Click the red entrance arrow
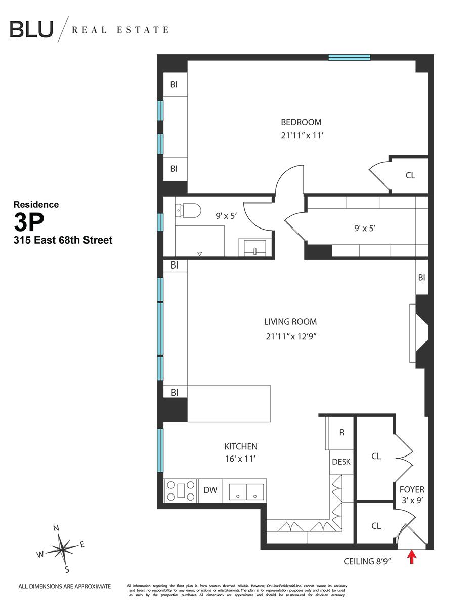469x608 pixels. coord(412,557)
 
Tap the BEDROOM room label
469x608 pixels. coord(301,122)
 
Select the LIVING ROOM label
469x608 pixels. coord(290,321)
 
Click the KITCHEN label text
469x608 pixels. coord(241,446)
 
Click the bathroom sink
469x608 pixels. coord(255,249)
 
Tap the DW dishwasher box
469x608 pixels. coord(210,490)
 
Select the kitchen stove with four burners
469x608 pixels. coord(181,490)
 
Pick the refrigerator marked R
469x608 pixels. coord(342,433)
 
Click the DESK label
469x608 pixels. coord(341,462)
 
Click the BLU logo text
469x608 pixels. coord(31,29)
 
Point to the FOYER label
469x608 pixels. coord(412,490)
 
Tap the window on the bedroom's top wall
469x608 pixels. coord(349,57)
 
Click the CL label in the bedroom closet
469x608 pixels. coord(410,175)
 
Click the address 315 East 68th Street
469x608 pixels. coord(63,240)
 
